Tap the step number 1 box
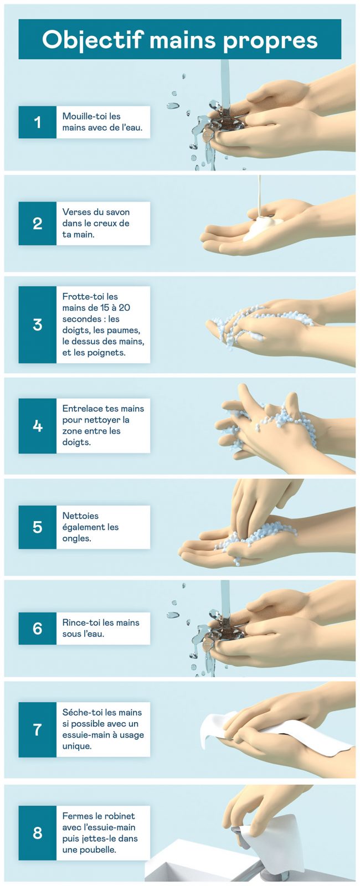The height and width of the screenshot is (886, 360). pos(38,122)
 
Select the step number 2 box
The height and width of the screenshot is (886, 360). pos(38,224)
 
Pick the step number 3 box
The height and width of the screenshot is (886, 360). pos(38,324)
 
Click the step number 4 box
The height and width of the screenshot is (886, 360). pos(38,426)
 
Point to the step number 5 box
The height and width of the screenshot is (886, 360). pos(38,527)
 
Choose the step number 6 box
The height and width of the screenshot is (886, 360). pos(38,629)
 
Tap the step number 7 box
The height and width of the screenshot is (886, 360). pos(38,730)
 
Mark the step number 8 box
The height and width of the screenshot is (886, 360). pos(38,833)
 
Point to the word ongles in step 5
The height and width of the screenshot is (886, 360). pos(77,539)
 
